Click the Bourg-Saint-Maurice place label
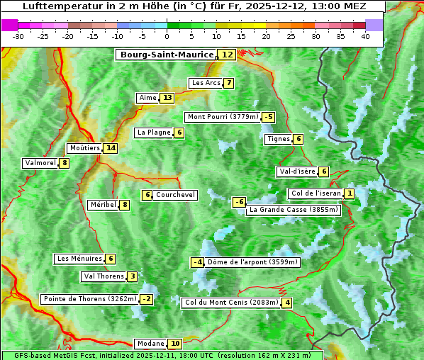point(167,55)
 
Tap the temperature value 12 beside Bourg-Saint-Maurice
point(227,55)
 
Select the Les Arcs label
point(206,83)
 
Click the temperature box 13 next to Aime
point(167,98)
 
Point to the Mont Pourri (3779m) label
point(222,117)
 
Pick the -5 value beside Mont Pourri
point(268,117)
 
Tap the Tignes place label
point(278,139)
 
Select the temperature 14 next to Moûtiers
point(110,148)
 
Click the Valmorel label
point(40,163)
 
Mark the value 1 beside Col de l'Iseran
point(350,193)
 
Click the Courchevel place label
point(175,195)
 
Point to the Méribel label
point(103,205)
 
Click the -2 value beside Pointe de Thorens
point(146,299)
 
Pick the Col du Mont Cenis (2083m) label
point(231,303)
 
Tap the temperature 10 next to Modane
point(175,344)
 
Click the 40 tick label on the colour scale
point(365,36)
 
